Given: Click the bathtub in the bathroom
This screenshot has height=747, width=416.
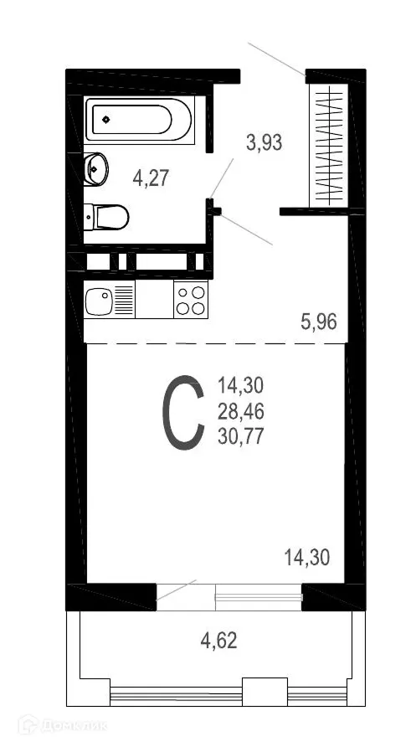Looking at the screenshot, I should (139, 121).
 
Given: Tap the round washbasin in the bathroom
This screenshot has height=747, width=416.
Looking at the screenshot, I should (95, 168).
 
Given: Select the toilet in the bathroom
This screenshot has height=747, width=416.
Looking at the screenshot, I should (109, 218).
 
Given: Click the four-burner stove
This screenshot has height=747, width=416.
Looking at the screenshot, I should (190, 300).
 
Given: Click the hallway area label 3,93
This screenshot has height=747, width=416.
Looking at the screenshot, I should (264, 142).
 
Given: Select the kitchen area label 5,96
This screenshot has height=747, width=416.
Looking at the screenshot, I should (319, 322).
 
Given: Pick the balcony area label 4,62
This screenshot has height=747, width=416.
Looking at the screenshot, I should (218, 642).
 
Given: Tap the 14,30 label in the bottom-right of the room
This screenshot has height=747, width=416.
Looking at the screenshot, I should (307, 555).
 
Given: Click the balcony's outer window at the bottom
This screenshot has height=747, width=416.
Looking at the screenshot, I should (229, 693).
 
